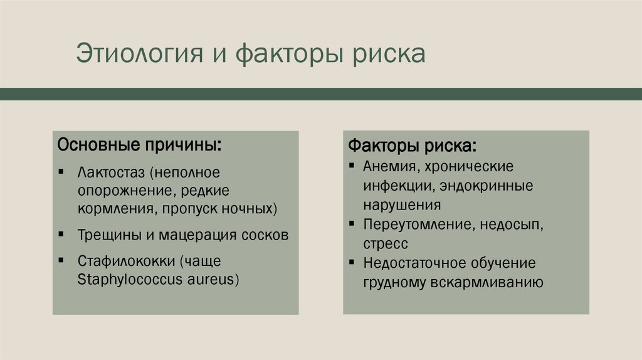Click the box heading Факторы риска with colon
[412, 147]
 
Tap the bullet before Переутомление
[352, 224]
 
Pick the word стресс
[384, 243]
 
